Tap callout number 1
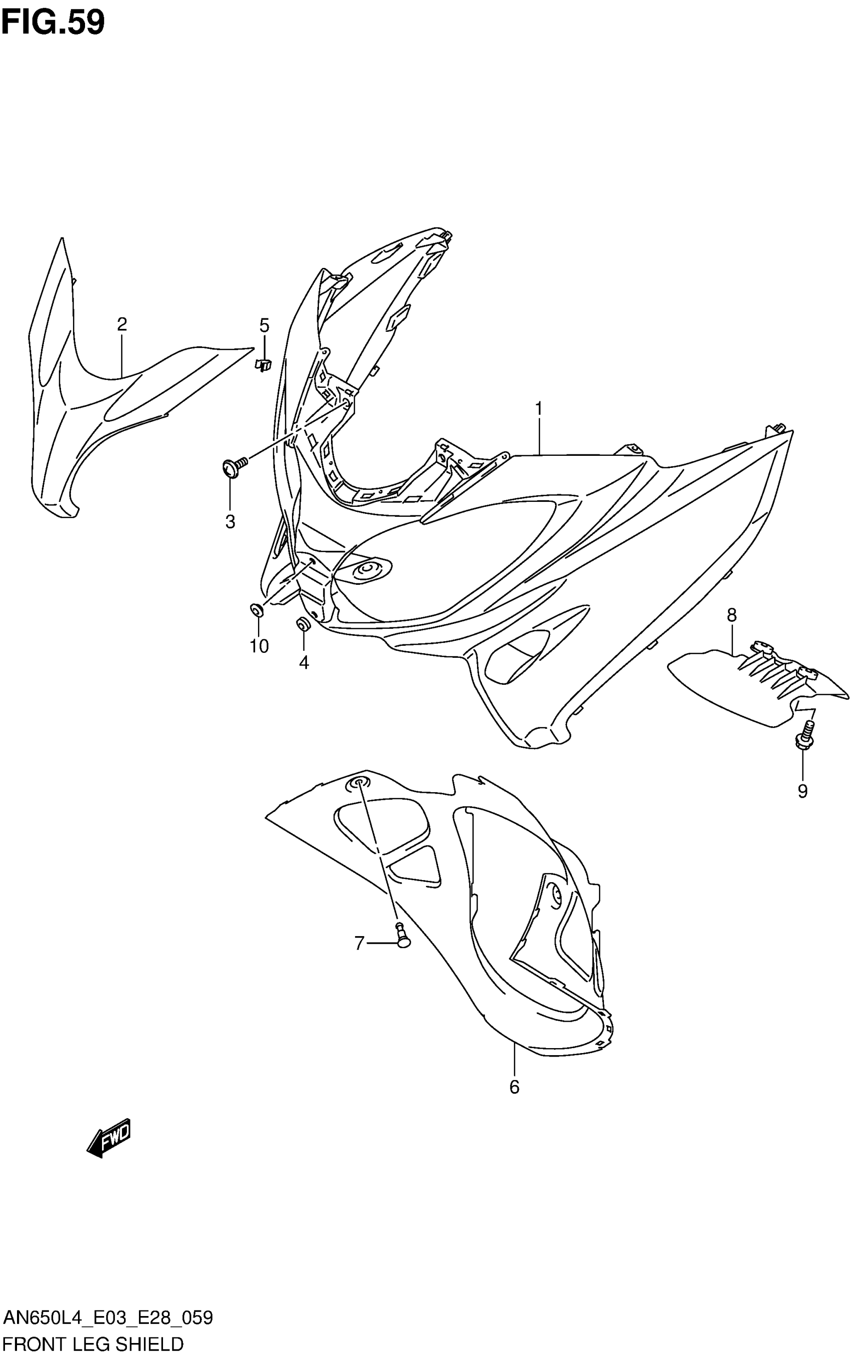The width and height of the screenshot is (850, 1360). (x=538, y=408)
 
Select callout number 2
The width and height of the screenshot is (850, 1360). (x=122, y=324)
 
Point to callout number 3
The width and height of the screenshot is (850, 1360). (x=230, y=521)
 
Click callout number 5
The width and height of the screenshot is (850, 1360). (x=264, y=325)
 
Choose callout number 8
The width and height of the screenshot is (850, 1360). (x=731, y=615)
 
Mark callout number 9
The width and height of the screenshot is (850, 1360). (x=802, y=791)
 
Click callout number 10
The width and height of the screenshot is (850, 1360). (x=259, y=646)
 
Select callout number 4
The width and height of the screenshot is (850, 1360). (x=303, y=663)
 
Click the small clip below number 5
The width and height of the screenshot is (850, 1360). (x=263, y=365)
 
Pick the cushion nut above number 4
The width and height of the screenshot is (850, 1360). (x=303, y=624)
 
